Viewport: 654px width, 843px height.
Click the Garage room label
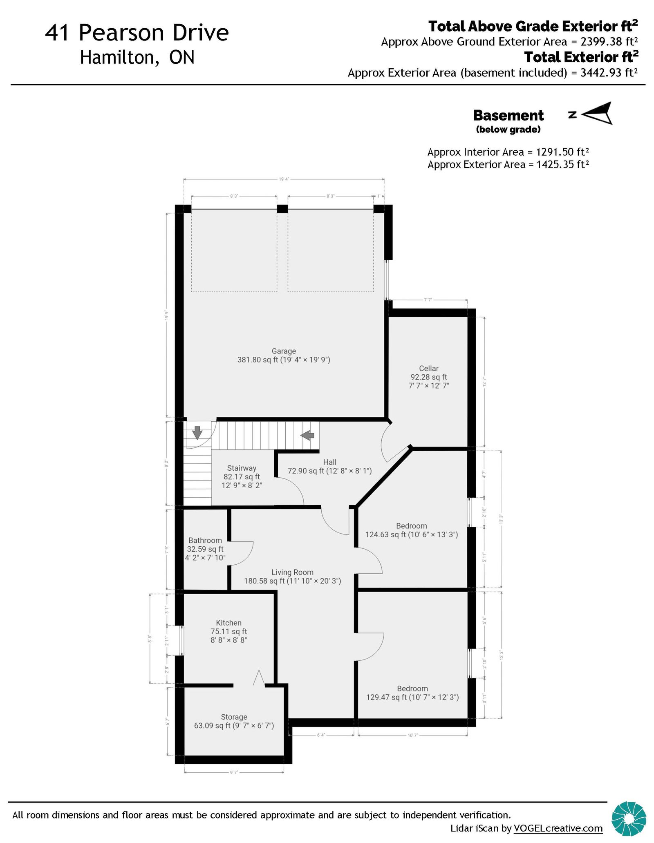point(284,351)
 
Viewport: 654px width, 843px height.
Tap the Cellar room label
point(429,368)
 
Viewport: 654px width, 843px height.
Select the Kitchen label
point(229,623)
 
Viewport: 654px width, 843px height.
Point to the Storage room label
point(234,717)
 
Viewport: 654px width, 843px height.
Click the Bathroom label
point(205,540)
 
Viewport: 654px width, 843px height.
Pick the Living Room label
point(292,572)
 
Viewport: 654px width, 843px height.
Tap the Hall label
point(329,462)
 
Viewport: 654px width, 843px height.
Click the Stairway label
point(242,468)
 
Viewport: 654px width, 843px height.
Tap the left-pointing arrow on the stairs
point(307,435)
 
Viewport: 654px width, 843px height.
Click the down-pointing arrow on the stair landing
point(197,432)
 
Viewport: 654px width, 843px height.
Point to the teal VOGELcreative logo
point(629,818)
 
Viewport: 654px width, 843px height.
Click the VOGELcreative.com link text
point(558,828)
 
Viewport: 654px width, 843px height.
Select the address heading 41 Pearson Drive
point(137,33)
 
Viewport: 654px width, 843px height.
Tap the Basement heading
point(508,116)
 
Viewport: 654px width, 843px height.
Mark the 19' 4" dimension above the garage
point(284,179)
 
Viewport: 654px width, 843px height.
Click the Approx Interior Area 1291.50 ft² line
point(508,152)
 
